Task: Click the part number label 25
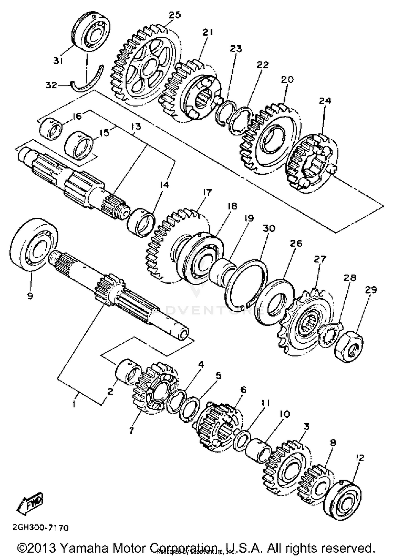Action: [175, 15]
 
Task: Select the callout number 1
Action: [74, 404]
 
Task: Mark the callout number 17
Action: [207, 193]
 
